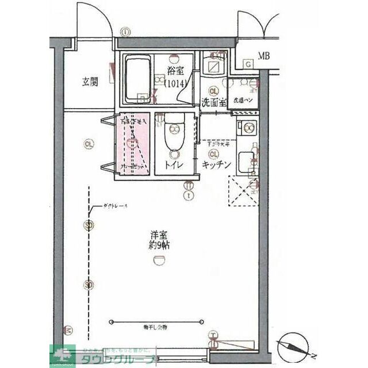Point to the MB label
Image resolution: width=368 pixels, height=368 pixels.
tap(263, 56)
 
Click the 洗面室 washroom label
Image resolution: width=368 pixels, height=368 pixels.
tap(213, 103)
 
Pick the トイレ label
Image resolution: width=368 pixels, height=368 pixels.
tap(174, 165)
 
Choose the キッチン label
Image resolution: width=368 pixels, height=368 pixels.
tap(217, 165)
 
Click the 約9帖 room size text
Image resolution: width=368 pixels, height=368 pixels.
tap(159, 246)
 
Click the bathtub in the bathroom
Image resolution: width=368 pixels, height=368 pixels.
tap(137, 78)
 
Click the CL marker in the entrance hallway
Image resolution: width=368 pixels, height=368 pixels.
tap(88, 144)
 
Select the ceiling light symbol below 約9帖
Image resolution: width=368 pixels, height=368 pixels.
tap(158, 262)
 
